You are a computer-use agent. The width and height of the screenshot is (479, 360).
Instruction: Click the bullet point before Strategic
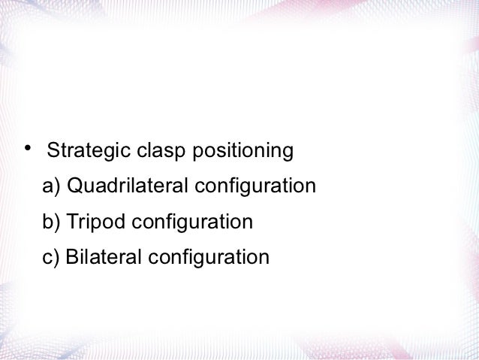29,146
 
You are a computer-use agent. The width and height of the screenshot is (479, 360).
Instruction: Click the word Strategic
89,152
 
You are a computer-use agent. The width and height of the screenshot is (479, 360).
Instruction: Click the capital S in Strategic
53,152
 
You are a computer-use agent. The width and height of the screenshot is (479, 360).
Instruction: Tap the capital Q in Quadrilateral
75,186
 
